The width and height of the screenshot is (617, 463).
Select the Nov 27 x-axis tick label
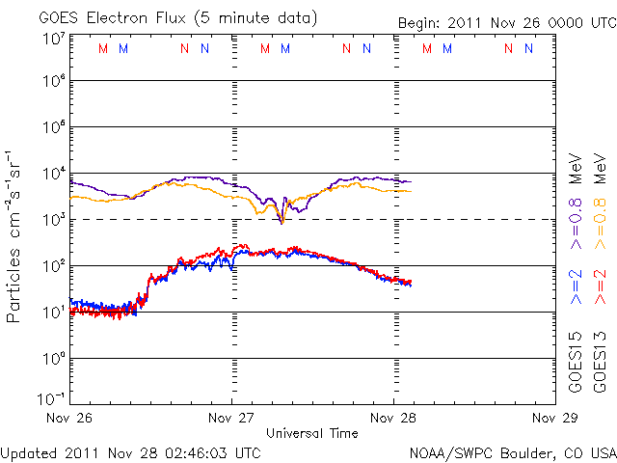coord(232,419)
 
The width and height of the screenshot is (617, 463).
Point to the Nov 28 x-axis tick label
coord(393,419)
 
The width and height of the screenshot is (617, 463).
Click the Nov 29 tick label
coord(553,419)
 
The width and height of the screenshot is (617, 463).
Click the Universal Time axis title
coord(312,433)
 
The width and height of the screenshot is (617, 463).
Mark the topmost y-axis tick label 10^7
coord(53,39)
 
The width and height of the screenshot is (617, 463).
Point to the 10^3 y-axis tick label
coord(53,220)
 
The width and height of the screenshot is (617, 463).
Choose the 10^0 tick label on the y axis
coord(53,359)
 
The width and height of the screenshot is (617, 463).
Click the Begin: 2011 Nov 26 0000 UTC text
coord(506,22)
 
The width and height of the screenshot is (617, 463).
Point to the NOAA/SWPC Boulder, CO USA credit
coord(512,452)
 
